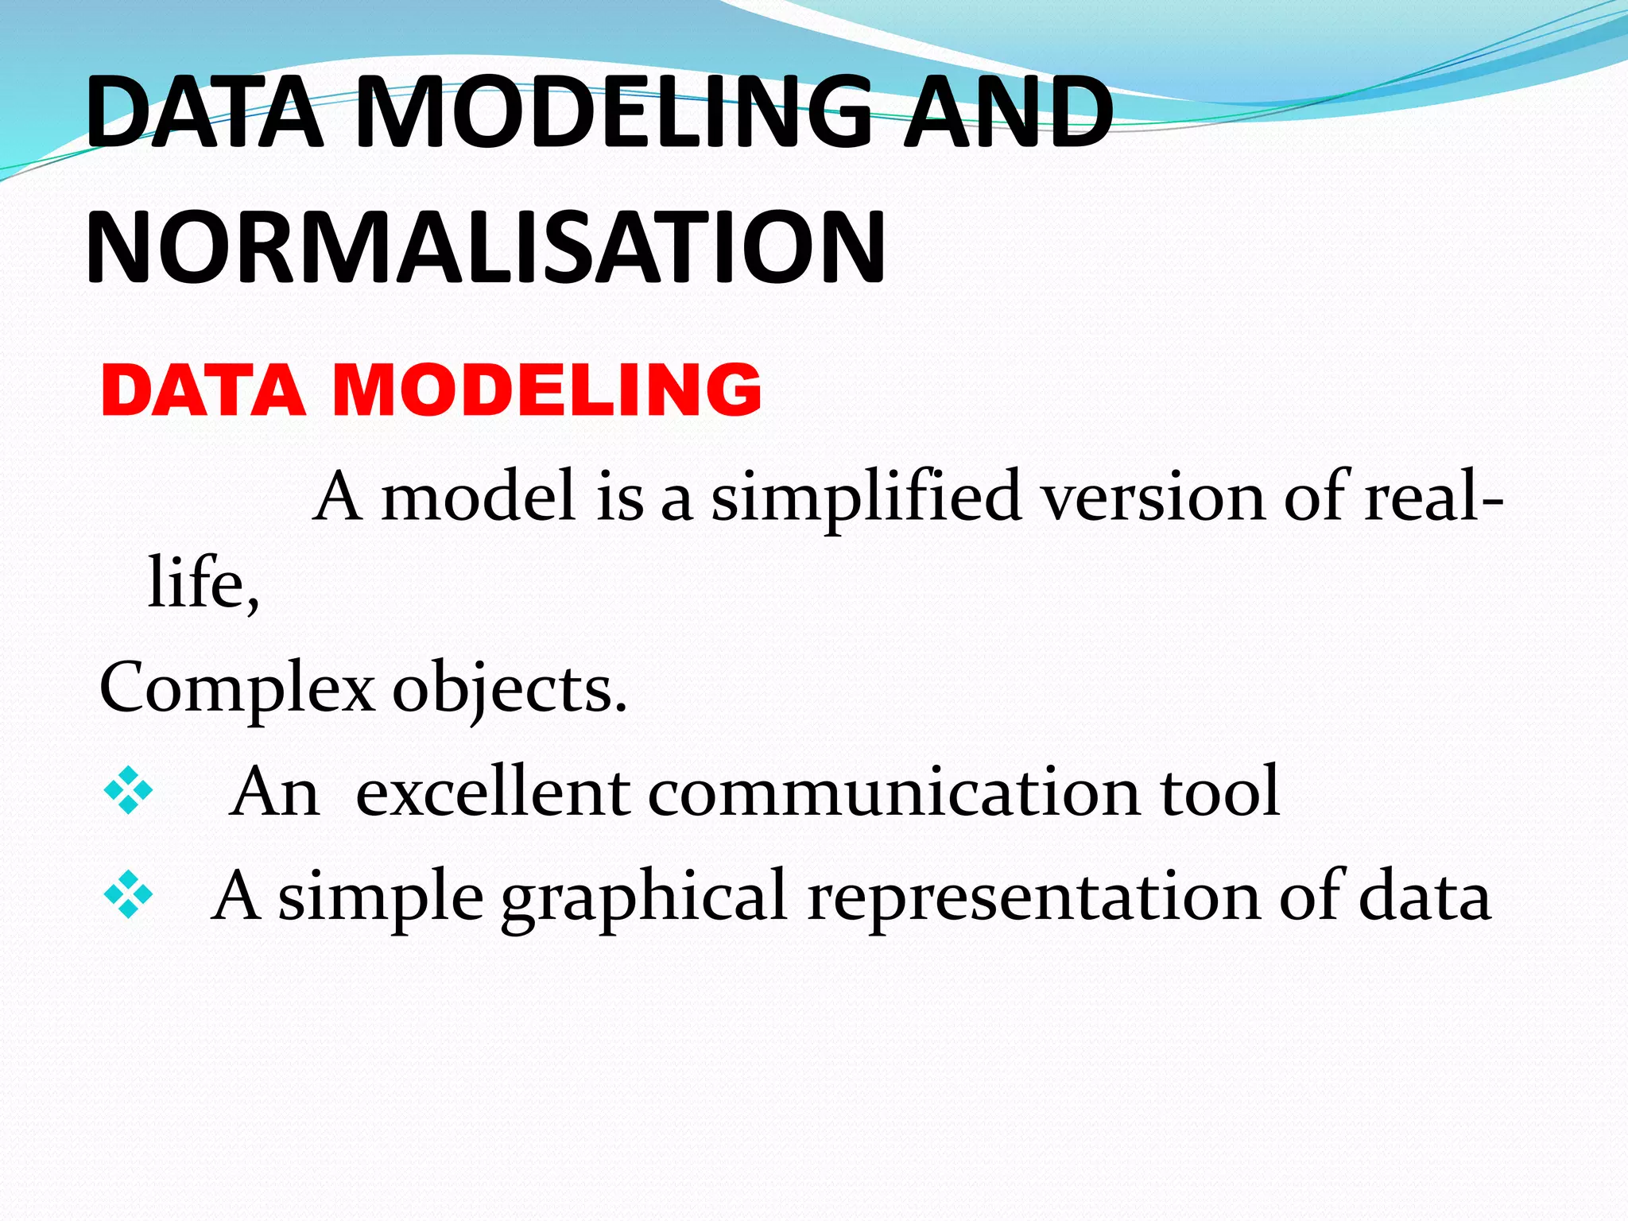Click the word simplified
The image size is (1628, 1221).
[x=866, y=497]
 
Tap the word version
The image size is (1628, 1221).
[x=1153, y=497]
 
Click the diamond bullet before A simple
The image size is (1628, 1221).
[x=128, y=895]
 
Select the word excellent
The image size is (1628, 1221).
[x=493, y=792]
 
